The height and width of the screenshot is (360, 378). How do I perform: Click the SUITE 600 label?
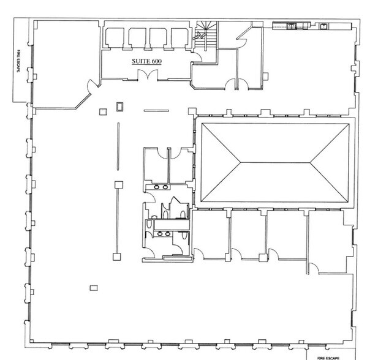[x=146, y=61]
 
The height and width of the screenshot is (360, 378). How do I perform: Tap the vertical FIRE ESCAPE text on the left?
[x=18, y=61]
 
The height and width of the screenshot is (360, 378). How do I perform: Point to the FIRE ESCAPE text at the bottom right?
[x=328, y=358]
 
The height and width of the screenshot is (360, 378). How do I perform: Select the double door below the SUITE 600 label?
[x=148, y=74]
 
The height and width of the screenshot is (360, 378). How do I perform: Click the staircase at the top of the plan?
[x=206, y=36]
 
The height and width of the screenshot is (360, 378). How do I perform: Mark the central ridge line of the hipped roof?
[x=275, y=163]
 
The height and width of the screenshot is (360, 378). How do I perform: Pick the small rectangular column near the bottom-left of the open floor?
[x=94, y=288]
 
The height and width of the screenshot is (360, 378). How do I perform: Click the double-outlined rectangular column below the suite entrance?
[x=120, y=107]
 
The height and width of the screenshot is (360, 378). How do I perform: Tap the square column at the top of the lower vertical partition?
[x=119, y=185]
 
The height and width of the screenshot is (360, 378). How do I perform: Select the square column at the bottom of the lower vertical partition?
[x=117, y=257]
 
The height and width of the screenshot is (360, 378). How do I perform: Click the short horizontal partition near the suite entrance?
[x=156, y=111]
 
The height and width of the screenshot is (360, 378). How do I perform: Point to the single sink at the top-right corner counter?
[x=323, y=26]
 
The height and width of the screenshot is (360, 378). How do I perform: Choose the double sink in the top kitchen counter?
[x=292, y=26]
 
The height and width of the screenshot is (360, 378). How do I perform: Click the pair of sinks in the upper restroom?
[x=161, y=187]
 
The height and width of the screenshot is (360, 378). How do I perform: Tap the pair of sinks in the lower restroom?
[x=164, y=233]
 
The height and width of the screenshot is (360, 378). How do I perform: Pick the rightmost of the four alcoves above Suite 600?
[x=180, y=38]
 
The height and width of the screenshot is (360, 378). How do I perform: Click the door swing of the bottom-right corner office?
[x=314, y=268]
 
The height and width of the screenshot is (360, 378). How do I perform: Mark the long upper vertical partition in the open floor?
[x=118, y=146]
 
